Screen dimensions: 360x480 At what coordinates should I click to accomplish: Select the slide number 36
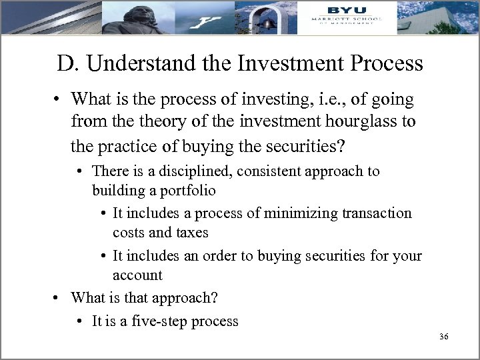(444, 337)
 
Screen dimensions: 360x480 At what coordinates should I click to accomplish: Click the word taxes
(192, 233)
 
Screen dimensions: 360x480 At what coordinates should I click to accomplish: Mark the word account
(137, 275)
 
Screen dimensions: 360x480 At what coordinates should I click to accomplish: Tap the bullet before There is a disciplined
(81, 171)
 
